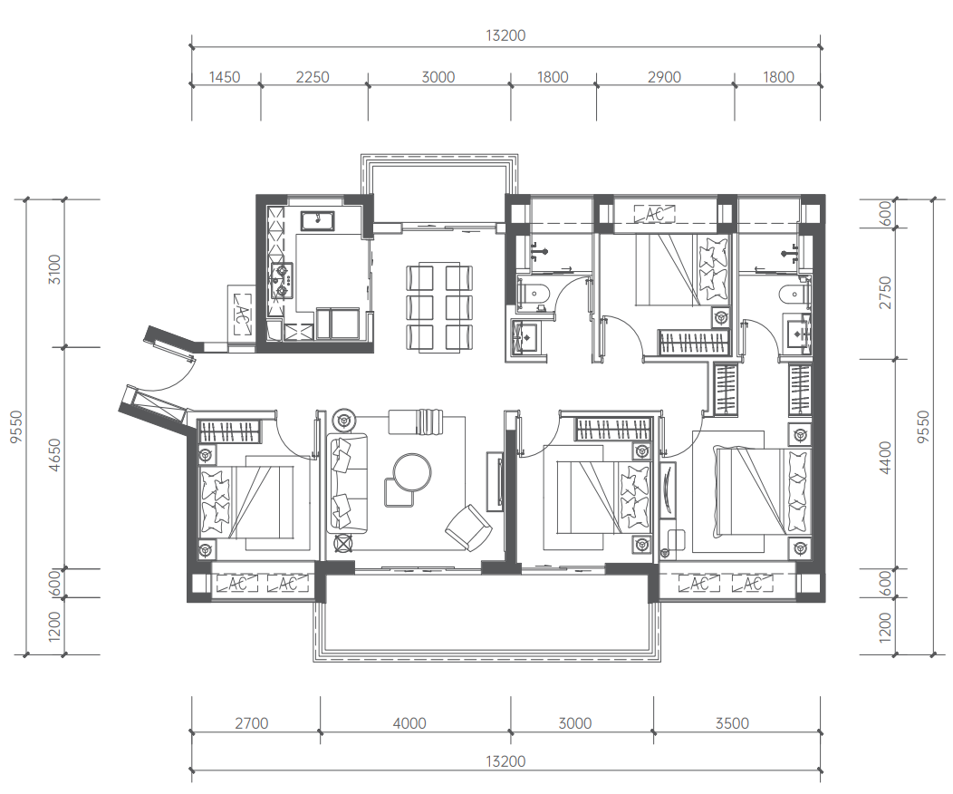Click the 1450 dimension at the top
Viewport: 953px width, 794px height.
click(x=225, y=77)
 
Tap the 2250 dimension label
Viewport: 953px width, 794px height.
click(x=313, y=77)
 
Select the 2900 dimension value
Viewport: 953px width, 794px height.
click(x=664, y=77)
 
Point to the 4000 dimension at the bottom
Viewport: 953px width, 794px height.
click(x=409, y=723)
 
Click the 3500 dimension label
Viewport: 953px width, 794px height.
click(x=732, y=723)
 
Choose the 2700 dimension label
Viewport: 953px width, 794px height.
click(x=252, y=723)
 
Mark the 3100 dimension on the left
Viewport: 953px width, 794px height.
click(x=54, y=269)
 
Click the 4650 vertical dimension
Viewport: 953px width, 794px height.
click(x=54, y=456)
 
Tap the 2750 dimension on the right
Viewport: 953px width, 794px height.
click(x=886, y=293)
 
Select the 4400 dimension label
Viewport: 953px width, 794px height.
click(x=886, y=458)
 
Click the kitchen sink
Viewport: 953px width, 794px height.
click(x=317, y=220)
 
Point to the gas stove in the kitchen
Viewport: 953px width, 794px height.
click(x=282, y=282)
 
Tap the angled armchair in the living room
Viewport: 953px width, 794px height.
click(x=468, y=528)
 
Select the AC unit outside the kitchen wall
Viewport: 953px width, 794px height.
click(x=242, y=315)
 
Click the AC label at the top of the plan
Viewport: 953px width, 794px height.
click(x=655, y=214)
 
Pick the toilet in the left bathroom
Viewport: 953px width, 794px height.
click(x=534, y=295)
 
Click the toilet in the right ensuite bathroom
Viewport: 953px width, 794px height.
click(x=794, y=295)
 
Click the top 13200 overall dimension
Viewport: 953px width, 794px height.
click(x=505, y=35)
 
